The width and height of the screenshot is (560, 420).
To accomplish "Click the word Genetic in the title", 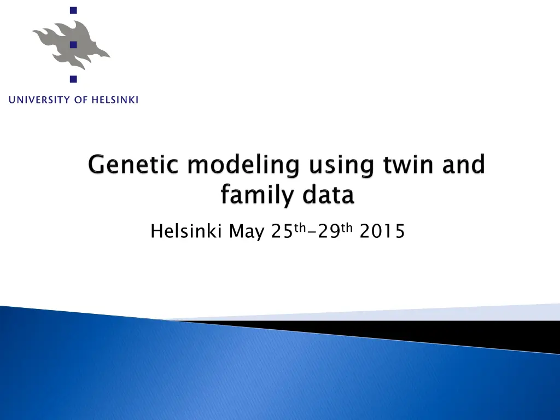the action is (133, 165).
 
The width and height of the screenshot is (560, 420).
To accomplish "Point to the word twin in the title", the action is (408, 165).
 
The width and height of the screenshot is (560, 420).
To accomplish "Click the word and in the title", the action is (464, 165).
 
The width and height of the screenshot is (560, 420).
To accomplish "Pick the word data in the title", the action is (328, 195).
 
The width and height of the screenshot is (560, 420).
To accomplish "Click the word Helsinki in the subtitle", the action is (186, 231).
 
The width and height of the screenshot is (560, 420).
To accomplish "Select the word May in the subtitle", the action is (247, 232).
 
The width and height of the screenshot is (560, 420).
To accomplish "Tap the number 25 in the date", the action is (282, 231).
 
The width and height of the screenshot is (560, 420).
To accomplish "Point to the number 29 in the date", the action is (329, 231).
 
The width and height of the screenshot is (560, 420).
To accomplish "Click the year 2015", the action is (382, 231).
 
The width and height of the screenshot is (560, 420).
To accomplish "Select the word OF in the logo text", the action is (81, 100).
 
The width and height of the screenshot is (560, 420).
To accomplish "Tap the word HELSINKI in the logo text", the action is (115, 100).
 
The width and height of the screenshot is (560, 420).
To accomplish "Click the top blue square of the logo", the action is (74, 10).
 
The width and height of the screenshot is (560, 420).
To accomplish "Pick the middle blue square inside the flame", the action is (74, 45).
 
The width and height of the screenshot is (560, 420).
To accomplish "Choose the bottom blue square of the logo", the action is (74, 79).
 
